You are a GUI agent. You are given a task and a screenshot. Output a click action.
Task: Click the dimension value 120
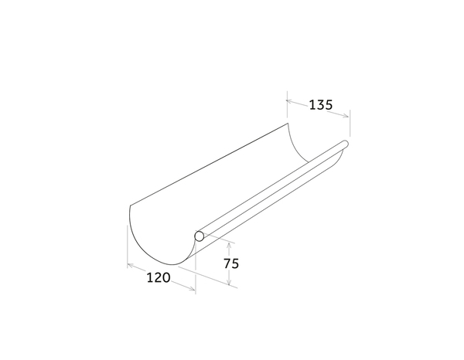[x=157, y=277]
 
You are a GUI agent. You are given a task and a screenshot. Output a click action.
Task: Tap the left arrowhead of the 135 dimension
[x=288, y=100]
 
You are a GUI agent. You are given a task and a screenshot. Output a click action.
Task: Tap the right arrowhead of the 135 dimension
[x=347, y=116]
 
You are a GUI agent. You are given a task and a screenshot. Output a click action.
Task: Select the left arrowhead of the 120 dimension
[x=128, y=267]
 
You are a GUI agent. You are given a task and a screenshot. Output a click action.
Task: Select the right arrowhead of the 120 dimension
[x=193, y=290]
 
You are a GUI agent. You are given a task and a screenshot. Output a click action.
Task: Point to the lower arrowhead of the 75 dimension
[x=230, y=285]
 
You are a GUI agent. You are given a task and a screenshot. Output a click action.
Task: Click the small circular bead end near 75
[x=200, y=236]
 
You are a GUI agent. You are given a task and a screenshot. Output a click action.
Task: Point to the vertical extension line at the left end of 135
[x=286, y=108]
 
